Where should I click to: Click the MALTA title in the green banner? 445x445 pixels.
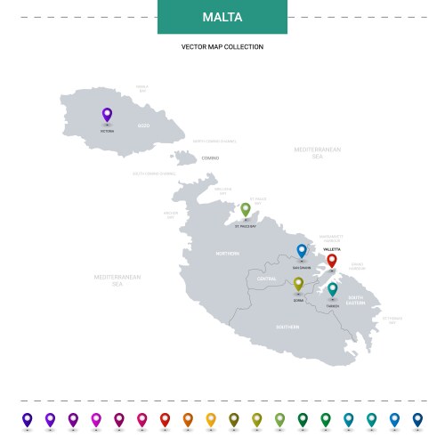(222, 17)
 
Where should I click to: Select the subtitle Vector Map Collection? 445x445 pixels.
(222, 46)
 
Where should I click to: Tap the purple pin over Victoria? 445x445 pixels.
(107, 115)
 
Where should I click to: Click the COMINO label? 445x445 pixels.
(210, 158)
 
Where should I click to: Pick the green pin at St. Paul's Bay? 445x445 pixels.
(245, 209)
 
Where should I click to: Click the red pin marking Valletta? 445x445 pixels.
(332, 261)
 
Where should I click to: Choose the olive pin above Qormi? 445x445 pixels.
(298, 284)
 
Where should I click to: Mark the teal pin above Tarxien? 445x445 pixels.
(332, 289)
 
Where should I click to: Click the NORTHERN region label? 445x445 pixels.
(227, 254)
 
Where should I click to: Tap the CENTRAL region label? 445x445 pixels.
(266, 279)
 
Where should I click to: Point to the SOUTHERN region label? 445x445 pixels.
(287, 328)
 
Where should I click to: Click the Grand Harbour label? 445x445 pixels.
(358, 266)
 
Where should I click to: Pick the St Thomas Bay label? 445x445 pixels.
(392, 319)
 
